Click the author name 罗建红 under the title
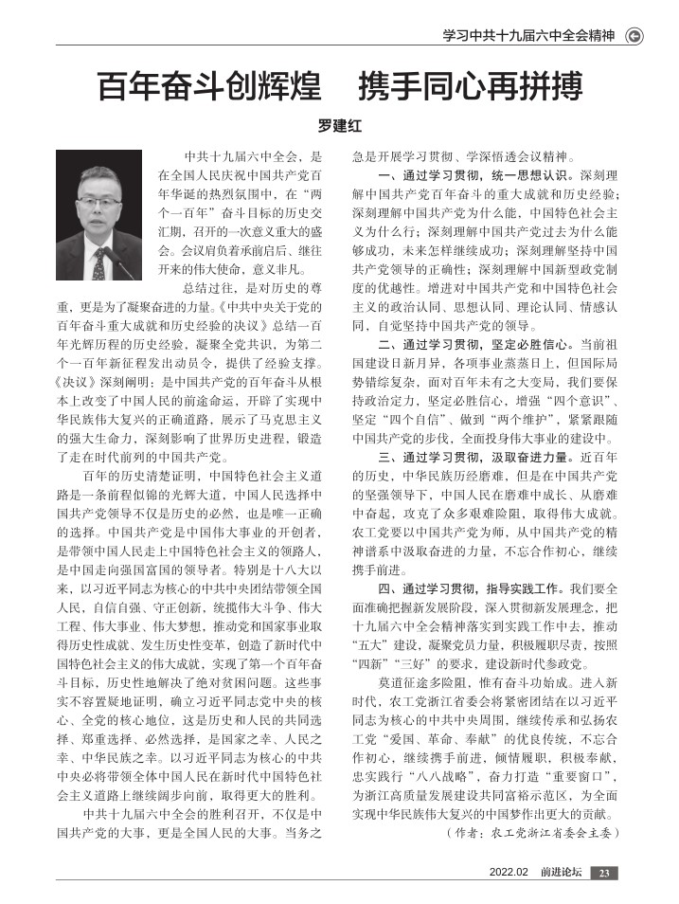339,123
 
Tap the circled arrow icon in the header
635,37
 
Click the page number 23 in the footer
607,873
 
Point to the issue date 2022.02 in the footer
508,873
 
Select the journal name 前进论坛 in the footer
559,873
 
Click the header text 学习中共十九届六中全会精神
530,37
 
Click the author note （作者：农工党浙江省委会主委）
531,834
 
